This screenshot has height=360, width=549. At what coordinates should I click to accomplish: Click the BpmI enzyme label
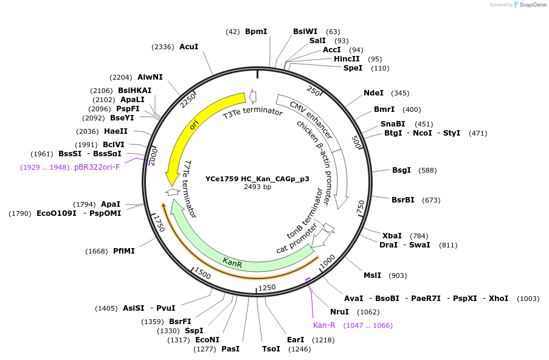pyautogui.click(x=255, y=31)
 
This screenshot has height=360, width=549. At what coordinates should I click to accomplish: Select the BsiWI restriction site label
pyautogui.click(x=305, y=31)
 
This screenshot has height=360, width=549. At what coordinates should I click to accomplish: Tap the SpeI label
pyautogui.click(x=353, y=68)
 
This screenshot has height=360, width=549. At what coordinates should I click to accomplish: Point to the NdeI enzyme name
pyautogui.click(x=373, y=93)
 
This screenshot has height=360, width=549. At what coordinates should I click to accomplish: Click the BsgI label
pyautogui.click(x=402, y=170)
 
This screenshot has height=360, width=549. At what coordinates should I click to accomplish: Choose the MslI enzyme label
pyautogui.click(x=372, y=275)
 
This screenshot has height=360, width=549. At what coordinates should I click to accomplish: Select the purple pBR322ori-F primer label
pyautogui.click(x=97, y=167)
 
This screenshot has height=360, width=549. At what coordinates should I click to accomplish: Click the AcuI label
pyautogui.click(x=188, y=47)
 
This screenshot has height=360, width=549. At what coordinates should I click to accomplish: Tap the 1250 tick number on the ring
pyautogui.click(x=267, y=287)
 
